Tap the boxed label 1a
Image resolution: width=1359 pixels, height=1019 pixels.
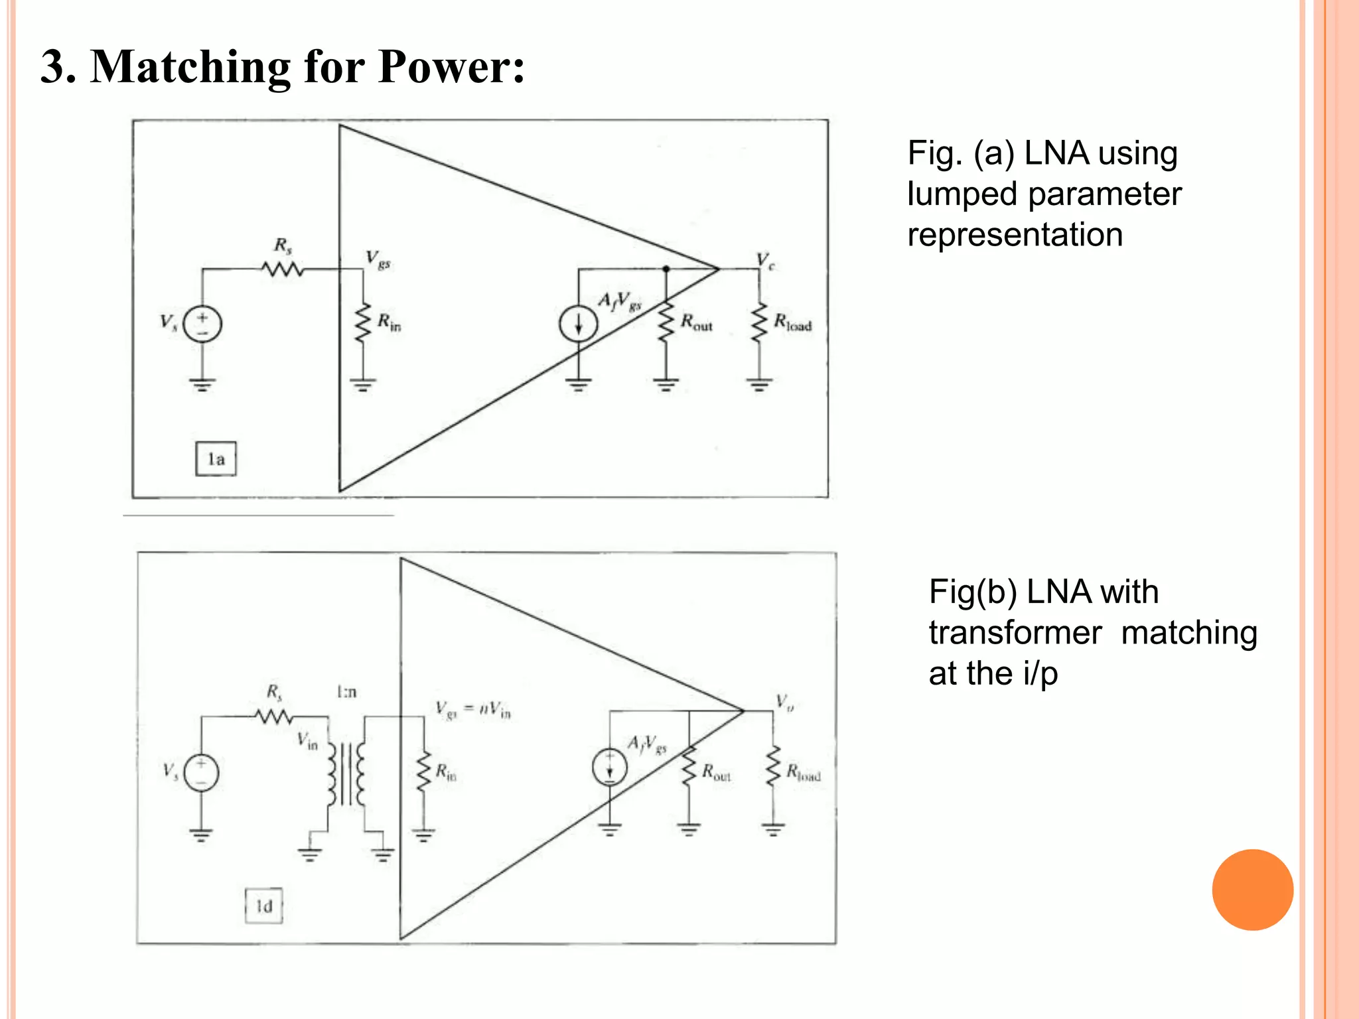[216, 459]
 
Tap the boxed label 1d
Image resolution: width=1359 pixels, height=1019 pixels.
[264, 906]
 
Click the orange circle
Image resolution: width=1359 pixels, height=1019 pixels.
[1252, 890]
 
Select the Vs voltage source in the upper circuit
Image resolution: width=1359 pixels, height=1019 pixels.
[202, 324]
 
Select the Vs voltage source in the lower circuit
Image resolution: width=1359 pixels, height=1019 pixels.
[201, 773]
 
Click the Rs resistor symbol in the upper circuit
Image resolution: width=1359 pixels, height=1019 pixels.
[283, 269]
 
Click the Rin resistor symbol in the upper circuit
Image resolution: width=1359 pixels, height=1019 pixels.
[362, 323]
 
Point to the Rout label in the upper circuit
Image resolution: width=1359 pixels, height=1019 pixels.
[696, 324]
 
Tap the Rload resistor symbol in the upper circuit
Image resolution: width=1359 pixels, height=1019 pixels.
[759, 323]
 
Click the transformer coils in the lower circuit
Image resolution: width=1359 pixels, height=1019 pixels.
[346, 774]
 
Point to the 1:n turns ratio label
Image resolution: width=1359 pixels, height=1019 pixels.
[346, 693]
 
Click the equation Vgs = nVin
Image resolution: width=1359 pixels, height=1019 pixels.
[473, 709]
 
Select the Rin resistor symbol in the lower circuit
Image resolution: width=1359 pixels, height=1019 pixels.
[423, 772]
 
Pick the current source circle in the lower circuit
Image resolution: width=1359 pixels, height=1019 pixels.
[609, 768]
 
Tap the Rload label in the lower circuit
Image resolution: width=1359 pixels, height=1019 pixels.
[804, 773]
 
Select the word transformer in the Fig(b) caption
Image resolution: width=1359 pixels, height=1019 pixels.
[1015, 633]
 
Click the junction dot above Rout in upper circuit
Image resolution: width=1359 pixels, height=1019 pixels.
[666, 269]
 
